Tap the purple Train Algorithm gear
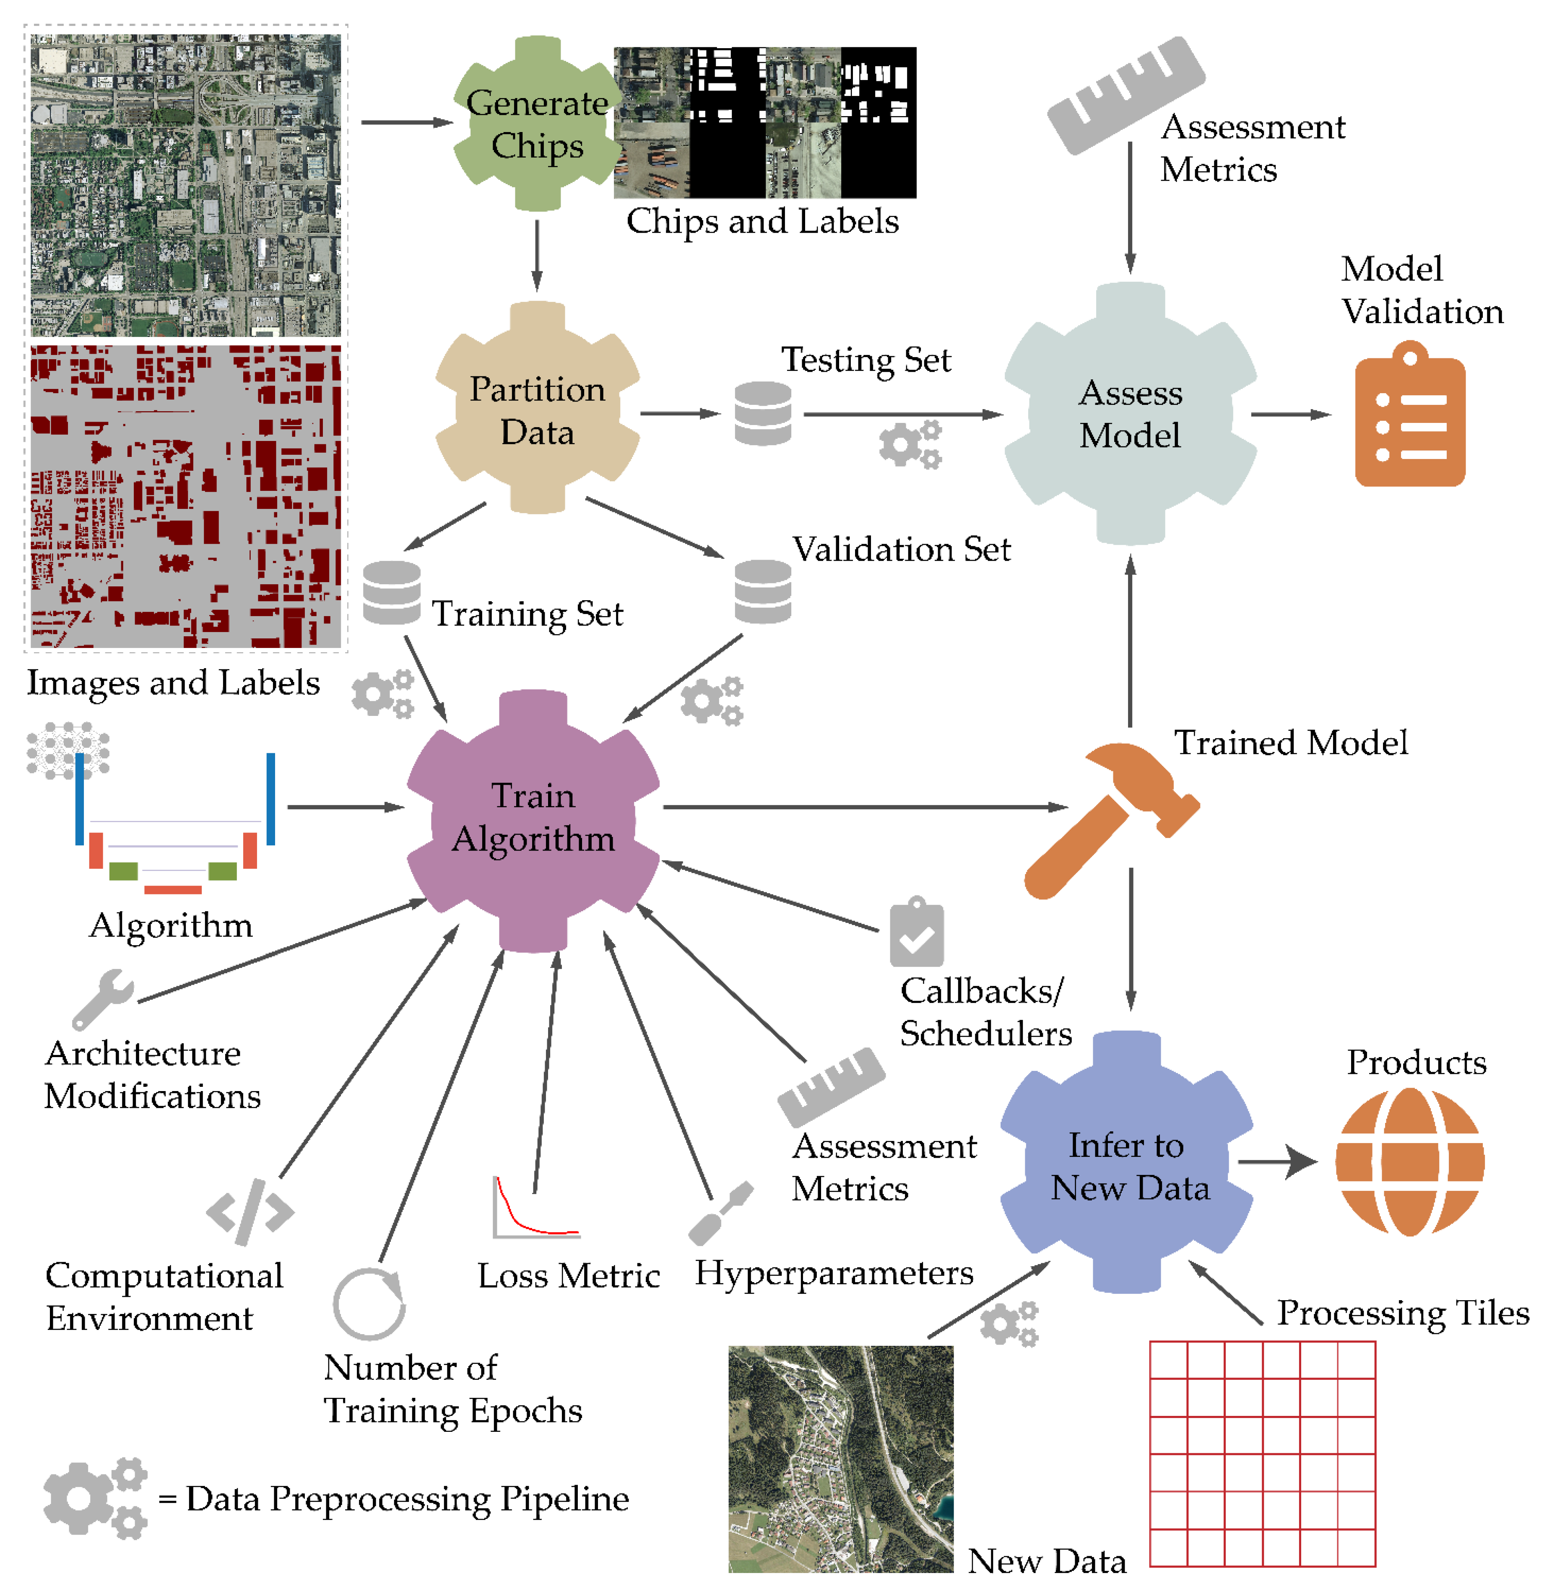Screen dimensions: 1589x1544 click(533, 819)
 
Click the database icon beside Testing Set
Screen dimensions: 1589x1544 click(762, 413)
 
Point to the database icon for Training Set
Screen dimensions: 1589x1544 click(392, 592)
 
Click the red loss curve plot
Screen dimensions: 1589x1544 click(535, 1208)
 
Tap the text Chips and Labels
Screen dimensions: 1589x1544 click(762, 221)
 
